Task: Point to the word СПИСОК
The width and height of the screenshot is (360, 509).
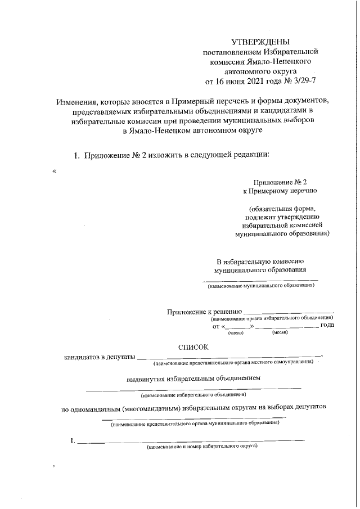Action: tap(193, 348)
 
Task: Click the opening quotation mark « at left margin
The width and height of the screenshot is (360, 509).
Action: tap(54, 172)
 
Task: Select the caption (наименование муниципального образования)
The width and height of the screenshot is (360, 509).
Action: tap(260, 286)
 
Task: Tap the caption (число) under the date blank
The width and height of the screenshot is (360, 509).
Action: tap(235, 334)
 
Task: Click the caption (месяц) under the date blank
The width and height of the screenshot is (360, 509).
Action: tap(280, 334)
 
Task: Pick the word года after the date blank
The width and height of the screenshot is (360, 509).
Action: tap(327, 326)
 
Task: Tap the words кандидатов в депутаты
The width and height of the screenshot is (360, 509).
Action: tap(100, 357)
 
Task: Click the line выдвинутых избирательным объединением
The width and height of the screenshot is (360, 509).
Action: tap(193, 379)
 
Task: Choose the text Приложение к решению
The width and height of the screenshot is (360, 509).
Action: tap(204, 311)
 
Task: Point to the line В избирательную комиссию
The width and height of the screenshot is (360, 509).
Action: tap(260, 261)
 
